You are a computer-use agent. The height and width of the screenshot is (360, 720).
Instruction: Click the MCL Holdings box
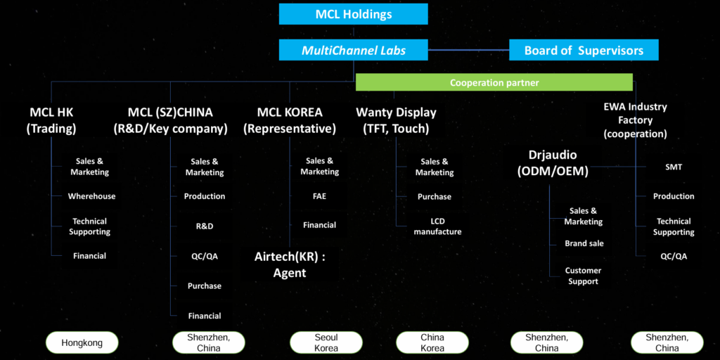[353, 14]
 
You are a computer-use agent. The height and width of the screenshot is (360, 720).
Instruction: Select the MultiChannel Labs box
[353, 51]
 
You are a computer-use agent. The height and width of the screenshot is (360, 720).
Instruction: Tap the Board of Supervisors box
[584, 51]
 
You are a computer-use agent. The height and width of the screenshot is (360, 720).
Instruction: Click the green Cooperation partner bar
[494, 83]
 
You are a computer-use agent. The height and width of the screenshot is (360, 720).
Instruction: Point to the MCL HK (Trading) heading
[51, 120]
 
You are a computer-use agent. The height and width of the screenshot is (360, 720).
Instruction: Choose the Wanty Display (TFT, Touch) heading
[396, 120]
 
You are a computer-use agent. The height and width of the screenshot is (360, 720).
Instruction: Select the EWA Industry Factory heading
[635, 120]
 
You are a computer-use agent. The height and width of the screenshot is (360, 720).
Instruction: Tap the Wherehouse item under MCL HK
[91, 196]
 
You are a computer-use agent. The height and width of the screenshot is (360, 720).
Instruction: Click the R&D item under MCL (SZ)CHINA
[205, 226]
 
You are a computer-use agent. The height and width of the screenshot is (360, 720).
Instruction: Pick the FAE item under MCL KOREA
[319, 196]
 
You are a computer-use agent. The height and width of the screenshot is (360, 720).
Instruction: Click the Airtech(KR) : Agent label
[290, 264]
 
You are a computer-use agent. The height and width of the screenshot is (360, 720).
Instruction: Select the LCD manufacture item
[437, 226]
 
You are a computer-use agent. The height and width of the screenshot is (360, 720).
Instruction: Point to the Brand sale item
[584, 243]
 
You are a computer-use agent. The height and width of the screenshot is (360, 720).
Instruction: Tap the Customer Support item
[583, 276]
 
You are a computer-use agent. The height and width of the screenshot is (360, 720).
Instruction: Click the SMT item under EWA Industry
[673, 167]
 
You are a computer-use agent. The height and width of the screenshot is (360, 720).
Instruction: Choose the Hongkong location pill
[82, 343]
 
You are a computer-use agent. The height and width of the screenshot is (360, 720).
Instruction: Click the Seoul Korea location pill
[326, 343]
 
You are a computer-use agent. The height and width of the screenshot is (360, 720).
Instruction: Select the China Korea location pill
[432, 343]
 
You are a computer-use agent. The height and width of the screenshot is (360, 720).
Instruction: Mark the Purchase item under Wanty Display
[435, 197]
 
